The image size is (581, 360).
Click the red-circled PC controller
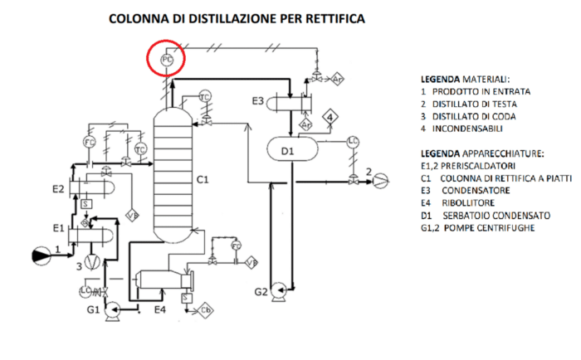167,61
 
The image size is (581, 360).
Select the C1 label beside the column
201,179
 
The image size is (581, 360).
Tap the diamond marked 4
330,118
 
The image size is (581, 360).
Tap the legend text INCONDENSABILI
469,129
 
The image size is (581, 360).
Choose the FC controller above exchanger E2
89,141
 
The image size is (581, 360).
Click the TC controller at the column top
205,97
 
